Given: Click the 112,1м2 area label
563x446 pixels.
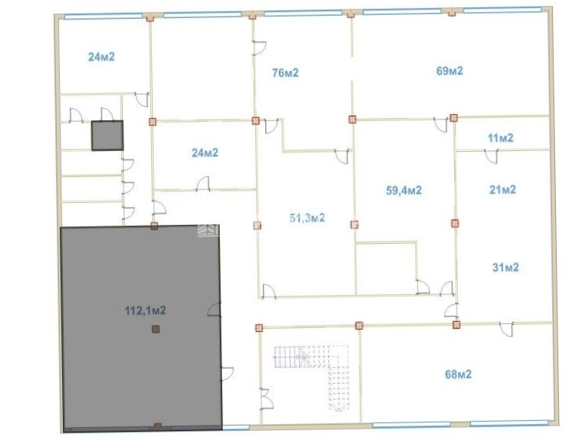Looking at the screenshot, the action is tap(146, 311).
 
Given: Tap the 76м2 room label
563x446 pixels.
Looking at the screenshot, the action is tap(286, 73).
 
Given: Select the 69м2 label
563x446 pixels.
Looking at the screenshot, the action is tap(450, 71).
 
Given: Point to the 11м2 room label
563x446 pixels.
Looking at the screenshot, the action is tap(501, 138).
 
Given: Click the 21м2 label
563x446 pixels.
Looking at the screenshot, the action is tap(502, 190).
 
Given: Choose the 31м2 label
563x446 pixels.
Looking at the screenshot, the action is tap(506, 267).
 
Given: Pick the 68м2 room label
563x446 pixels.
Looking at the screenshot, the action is tap(458, 374).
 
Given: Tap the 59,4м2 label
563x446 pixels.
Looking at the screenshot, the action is tap(404, 190).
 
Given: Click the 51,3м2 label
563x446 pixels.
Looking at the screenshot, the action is tap(307, 218).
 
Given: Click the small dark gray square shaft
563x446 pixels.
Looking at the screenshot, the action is tap(107, 135).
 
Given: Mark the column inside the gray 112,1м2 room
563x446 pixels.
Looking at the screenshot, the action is tap(155, 329).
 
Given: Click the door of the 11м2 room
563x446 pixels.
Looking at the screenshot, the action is tap(491, 157).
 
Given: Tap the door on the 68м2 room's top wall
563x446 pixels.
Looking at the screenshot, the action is tap(506, 330).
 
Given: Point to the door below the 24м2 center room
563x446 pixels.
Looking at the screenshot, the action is tap(203, 183).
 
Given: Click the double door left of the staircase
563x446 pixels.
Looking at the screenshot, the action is tap(267, 398).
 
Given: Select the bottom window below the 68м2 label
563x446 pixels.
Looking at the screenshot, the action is tap(411, 426).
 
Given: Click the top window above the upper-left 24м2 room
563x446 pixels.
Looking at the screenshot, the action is tap(103, 17).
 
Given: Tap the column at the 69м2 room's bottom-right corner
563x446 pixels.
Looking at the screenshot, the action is tap(454, 118).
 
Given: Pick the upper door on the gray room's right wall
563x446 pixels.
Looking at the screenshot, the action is tap(215, 310).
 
